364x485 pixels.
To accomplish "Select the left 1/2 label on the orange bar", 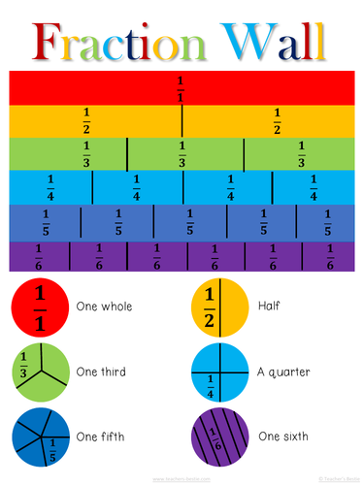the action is (x=86, y=121).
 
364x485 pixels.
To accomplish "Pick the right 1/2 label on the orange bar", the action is (x=277, y=121).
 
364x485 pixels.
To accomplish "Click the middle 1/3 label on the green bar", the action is (x=182, y=154).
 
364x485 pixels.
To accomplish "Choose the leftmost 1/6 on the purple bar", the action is (x=39, y=257).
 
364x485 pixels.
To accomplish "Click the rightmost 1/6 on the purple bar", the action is (x=330, y=257).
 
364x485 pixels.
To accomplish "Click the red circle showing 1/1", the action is (x=40, y=306).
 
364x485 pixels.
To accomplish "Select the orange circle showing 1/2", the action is (x=221, y=306).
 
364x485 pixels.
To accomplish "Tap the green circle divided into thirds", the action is (x=40, y=371).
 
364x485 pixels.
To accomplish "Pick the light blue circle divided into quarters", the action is (x=221, y=371).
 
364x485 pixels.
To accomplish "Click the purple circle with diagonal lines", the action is (x=221, y=436).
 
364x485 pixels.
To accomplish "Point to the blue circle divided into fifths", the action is (x=40, y=436).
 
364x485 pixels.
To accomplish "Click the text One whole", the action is (x=104, y=307).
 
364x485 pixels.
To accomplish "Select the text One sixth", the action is (x=284, y=436).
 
